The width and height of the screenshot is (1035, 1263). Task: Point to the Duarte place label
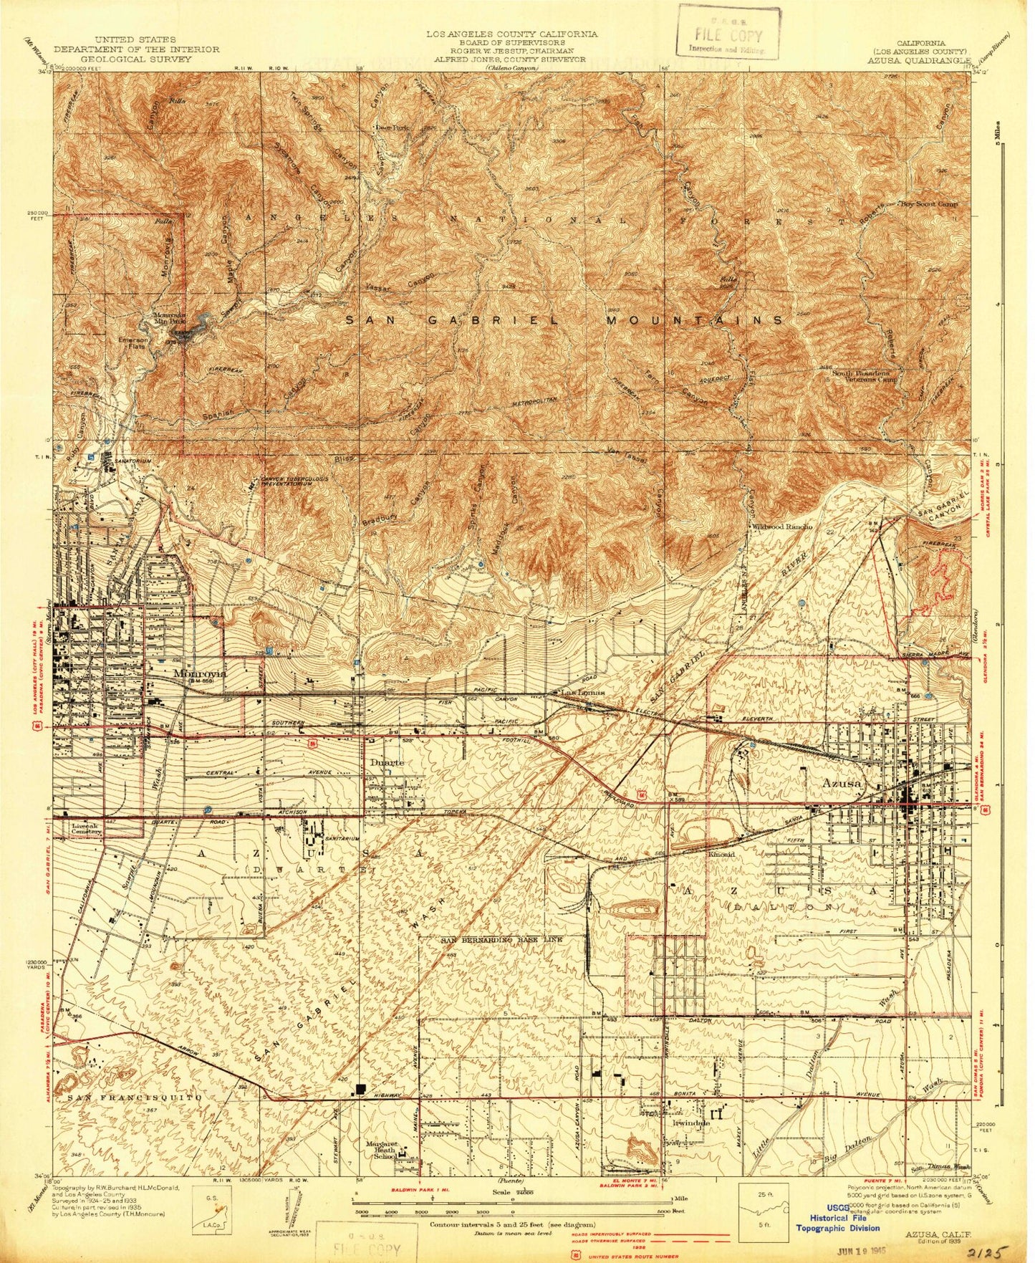(387, 762)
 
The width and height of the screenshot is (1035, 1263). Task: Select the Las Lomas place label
(577, 693)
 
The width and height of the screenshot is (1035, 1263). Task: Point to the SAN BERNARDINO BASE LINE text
(501, 939)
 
